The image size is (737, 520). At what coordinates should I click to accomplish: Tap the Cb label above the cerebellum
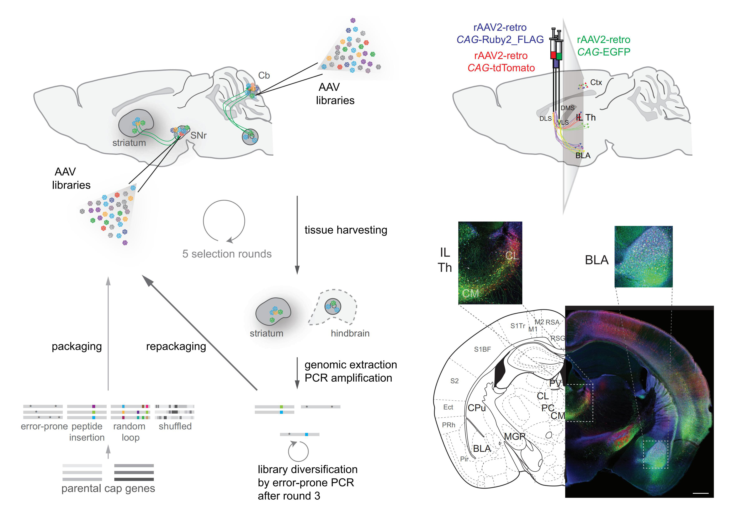(264, 75)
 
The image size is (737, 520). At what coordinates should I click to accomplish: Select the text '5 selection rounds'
(227, 254)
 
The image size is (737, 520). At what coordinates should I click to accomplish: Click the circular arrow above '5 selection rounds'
(224, 221)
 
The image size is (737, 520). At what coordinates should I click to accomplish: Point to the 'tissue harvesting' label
(346, 230)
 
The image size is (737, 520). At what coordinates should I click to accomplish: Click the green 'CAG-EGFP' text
(604, 52)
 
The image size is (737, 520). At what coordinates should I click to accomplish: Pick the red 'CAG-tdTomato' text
(501, 68)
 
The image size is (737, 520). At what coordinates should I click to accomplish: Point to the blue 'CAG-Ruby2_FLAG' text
(500, 39)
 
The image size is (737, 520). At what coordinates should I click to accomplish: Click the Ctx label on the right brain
(596, 83)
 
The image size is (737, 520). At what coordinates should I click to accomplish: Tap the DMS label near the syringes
(568, 108)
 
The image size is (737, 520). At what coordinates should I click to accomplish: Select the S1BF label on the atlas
(482, 349)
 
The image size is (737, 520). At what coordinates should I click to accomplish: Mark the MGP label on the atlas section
(515, 436)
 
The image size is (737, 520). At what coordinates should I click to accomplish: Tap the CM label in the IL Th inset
(470, 293)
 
